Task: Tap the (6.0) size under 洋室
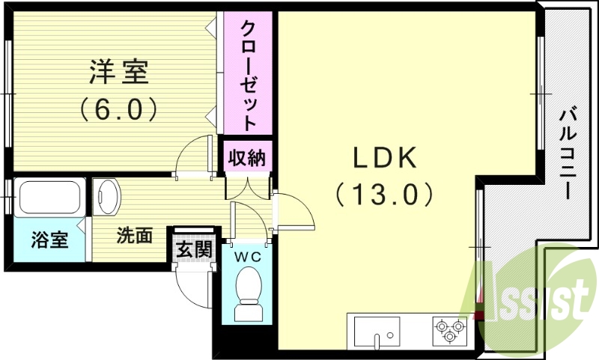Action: pyautogui.click(x=119, y=111)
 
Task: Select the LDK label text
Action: pyautogui.click(x=384, y=158)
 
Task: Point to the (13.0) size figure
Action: pyautogui.click(x=384, y=195)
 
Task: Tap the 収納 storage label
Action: pyautogui.click(x=246, y=158)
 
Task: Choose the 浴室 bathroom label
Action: pyautogui.click(x=49, y=240)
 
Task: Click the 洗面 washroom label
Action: pyautogui.click(x=134, y=236)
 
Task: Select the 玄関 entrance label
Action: pyautogui.click(x=192, y=248)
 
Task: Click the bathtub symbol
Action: pyautogui.click(x=49, y=198)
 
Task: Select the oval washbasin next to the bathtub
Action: pyautogui.click(x=107, y=198)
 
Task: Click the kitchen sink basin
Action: pyautogui.click(x=377, y=329)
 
